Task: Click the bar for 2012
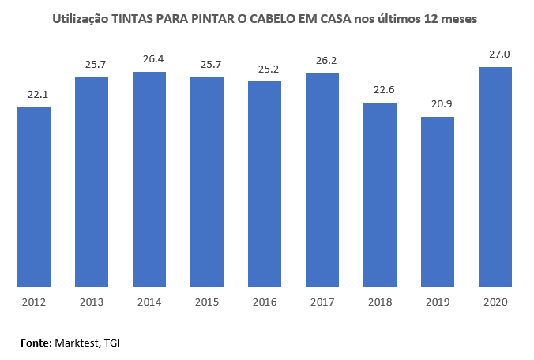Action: tap(34, 197)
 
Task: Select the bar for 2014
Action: tap(149, 180)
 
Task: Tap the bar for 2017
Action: tap(322, 181)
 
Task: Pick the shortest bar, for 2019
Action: tap(438, 202)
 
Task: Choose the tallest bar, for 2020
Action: tap(495, 178)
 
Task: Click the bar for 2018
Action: tap(380, 195)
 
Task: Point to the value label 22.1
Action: tap(34, 94)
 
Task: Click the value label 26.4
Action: tap(149, 59)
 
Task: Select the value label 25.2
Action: tap(265, 69)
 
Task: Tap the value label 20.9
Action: tap(438, 104)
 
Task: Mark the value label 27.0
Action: tap(495, 54)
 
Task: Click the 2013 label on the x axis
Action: tap(92, 302)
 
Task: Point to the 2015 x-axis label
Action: tap(207, 302)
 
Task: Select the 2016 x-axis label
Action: tap(265, 302)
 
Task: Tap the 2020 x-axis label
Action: tap(495, 302)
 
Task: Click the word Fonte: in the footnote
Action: tap(36, 343)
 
